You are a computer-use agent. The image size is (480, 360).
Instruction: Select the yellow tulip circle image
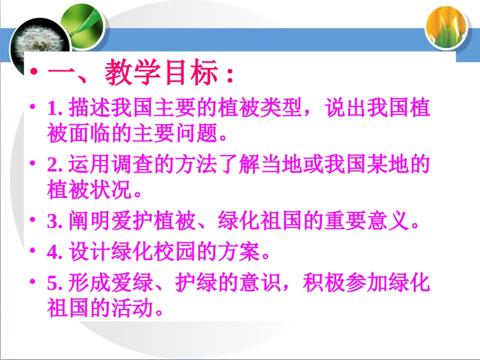pyautogui.click(x=445, y=26)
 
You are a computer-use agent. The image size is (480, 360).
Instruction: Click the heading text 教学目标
pyautogui.click(x=162, y=75)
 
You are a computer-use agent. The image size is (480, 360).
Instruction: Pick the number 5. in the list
pyautogui.click(x=54, y=284)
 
